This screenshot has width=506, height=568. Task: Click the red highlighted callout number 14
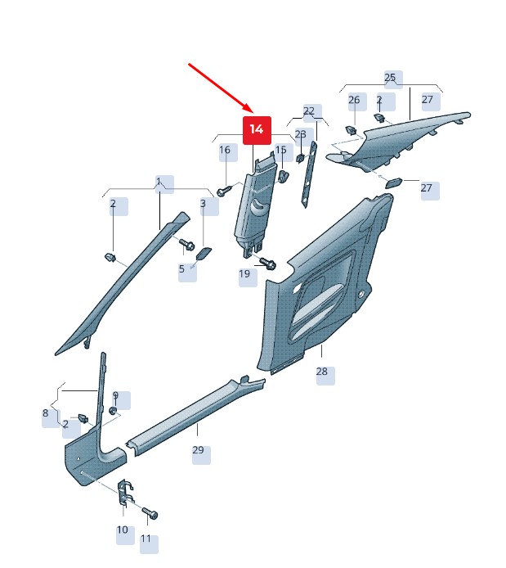(x=257, y=129)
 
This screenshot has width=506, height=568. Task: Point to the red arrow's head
(x=249, y=108)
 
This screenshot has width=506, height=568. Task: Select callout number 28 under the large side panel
(x=322, y=372)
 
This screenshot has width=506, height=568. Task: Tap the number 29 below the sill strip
(x=198, y=450)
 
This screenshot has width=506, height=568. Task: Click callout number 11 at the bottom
(x=146, y=539)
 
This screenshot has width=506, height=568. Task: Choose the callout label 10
(x=123, y=530)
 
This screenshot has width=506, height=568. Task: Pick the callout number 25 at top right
(x=390, y=78)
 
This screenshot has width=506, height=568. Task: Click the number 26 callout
(x=354, y=100)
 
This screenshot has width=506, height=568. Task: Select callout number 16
(x=225, y=150)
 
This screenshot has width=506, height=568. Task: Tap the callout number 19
(x=244, y=274)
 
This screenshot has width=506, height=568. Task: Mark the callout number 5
(x=181, y=269)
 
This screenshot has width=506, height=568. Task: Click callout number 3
(x=204, y=204)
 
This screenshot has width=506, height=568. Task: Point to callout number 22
(x=309, y=110)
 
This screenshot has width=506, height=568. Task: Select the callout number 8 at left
(x=45, y=413)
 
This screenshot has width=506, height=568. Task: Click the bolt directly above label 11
(x=150, y=513)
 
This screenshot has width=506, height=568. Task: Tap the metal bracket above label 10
(x=126, y=492)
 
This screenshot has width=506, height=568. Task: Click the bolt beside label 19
(x=267, y=263)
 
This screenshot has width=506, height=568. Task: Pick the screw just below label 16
(x=225, y=190)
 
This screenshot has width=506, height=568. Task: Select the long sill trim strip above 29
(x=195, y=416)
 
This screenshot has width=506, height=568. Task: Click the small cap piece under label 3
(x=204, y=254)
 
